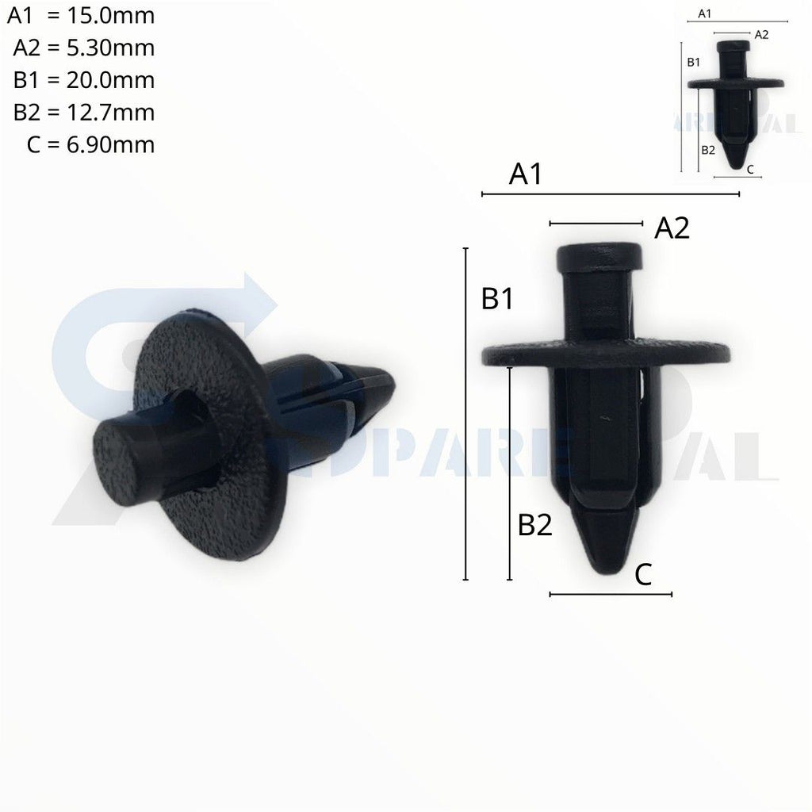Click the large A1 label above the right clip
click(x=525, y=174)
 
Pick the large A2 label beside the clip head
click(x=672, y=229)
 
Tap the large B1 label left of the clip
click(x=497, y=299)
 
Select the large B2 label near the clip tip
click(x=534, y=524)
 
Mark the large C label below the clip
click(x=643, y=574)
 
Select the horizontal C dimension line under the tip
click(x=611, y=594)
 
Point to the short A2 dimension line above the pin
click(x=596, y=223)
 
